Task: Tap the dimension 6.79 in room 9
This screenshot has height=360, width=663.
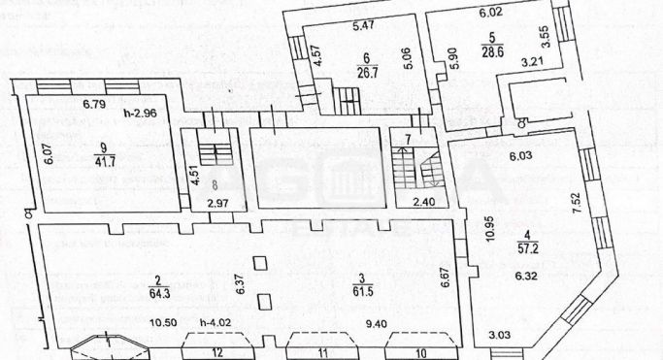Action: pos(94,103)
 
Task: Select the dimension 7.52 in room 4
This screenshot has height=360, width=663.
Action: pos(577,201)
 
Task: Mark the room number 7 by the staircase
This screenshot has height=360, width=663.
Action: pos(408,141)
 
